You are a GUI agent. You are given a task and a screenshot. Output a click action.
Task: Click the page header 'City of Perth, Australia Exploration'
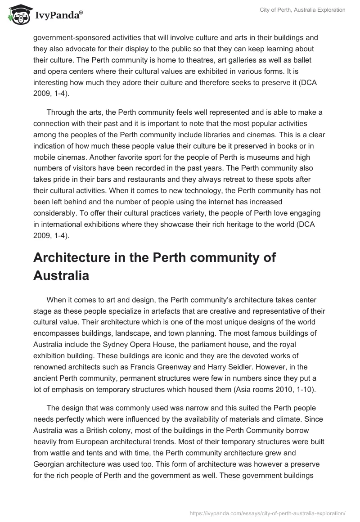pos(302,10)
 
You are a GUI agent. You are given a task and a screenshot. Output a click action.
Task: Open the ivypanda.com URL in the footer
pos(268,513)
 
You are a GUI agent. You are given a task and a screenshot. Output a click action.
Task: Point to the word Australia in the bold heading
pos(61,275)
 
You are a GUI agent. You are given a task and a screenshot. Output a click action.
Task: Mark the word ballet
pos(279,60)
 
